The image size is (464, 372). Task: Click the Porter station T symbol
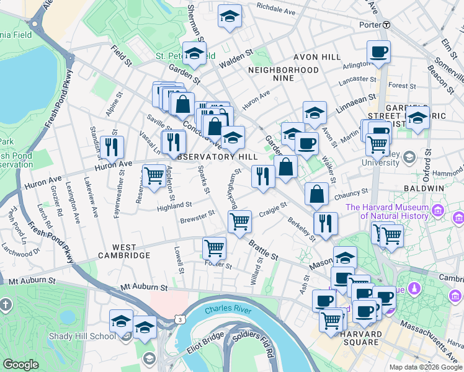click(x=386, y=25)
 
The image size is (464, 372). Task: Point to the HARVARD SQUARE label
click(x=352, y=339)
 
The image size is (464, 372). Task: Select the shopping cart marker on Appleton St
click(x=153, y=175)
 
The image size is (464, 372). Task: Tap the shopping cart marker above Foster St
click(x=214, y=247)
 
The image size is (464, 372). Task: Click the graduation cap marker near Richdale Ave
click(x=230, y=16)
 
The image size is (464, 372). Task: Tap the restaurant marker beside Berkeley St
click(x=325, y=223)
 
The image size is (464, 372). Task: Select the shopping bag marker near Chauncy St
click(x=316, y=193)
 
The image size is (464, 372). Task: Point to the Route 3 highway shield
click(x=179, y=319)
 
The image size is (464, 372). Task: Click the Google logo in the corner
click(x=20, y=365)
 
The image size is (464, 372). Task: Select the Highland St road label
click(x=174, y=205)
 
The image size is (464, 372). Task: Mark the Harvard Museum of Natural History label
click(x=387, y=212)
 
